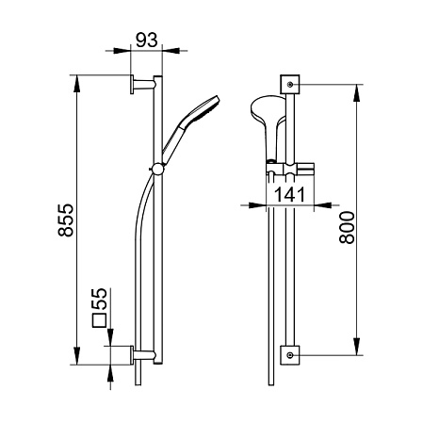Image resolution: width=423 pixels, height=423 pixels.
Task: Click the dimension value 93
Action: point(147,40)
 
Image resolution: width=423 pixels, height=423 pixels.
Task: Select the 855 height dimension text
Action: point(66,220)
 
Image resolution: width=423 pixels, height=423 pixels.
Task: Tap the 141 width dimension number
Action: point(289,195)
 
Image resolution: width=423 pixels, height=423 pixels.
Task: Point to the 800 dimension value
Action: point(347,228)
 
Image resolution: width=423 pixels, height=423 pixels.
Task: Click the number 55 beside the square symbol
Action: point(100,299)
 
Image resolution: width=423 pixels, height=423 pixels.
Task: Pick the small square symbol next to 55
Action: point(100,320)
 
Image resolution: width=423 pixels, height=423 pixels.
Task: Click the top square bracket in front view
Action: point(290,84)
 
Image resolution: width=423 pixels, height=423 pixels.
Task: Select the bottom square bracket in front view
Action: point(290,355)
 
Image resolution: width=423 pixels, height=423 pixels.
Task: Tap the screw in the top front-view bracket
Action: point(290,84)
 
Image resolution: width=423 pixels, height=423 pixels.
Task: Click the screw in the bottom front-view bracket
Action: point(290,355)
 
